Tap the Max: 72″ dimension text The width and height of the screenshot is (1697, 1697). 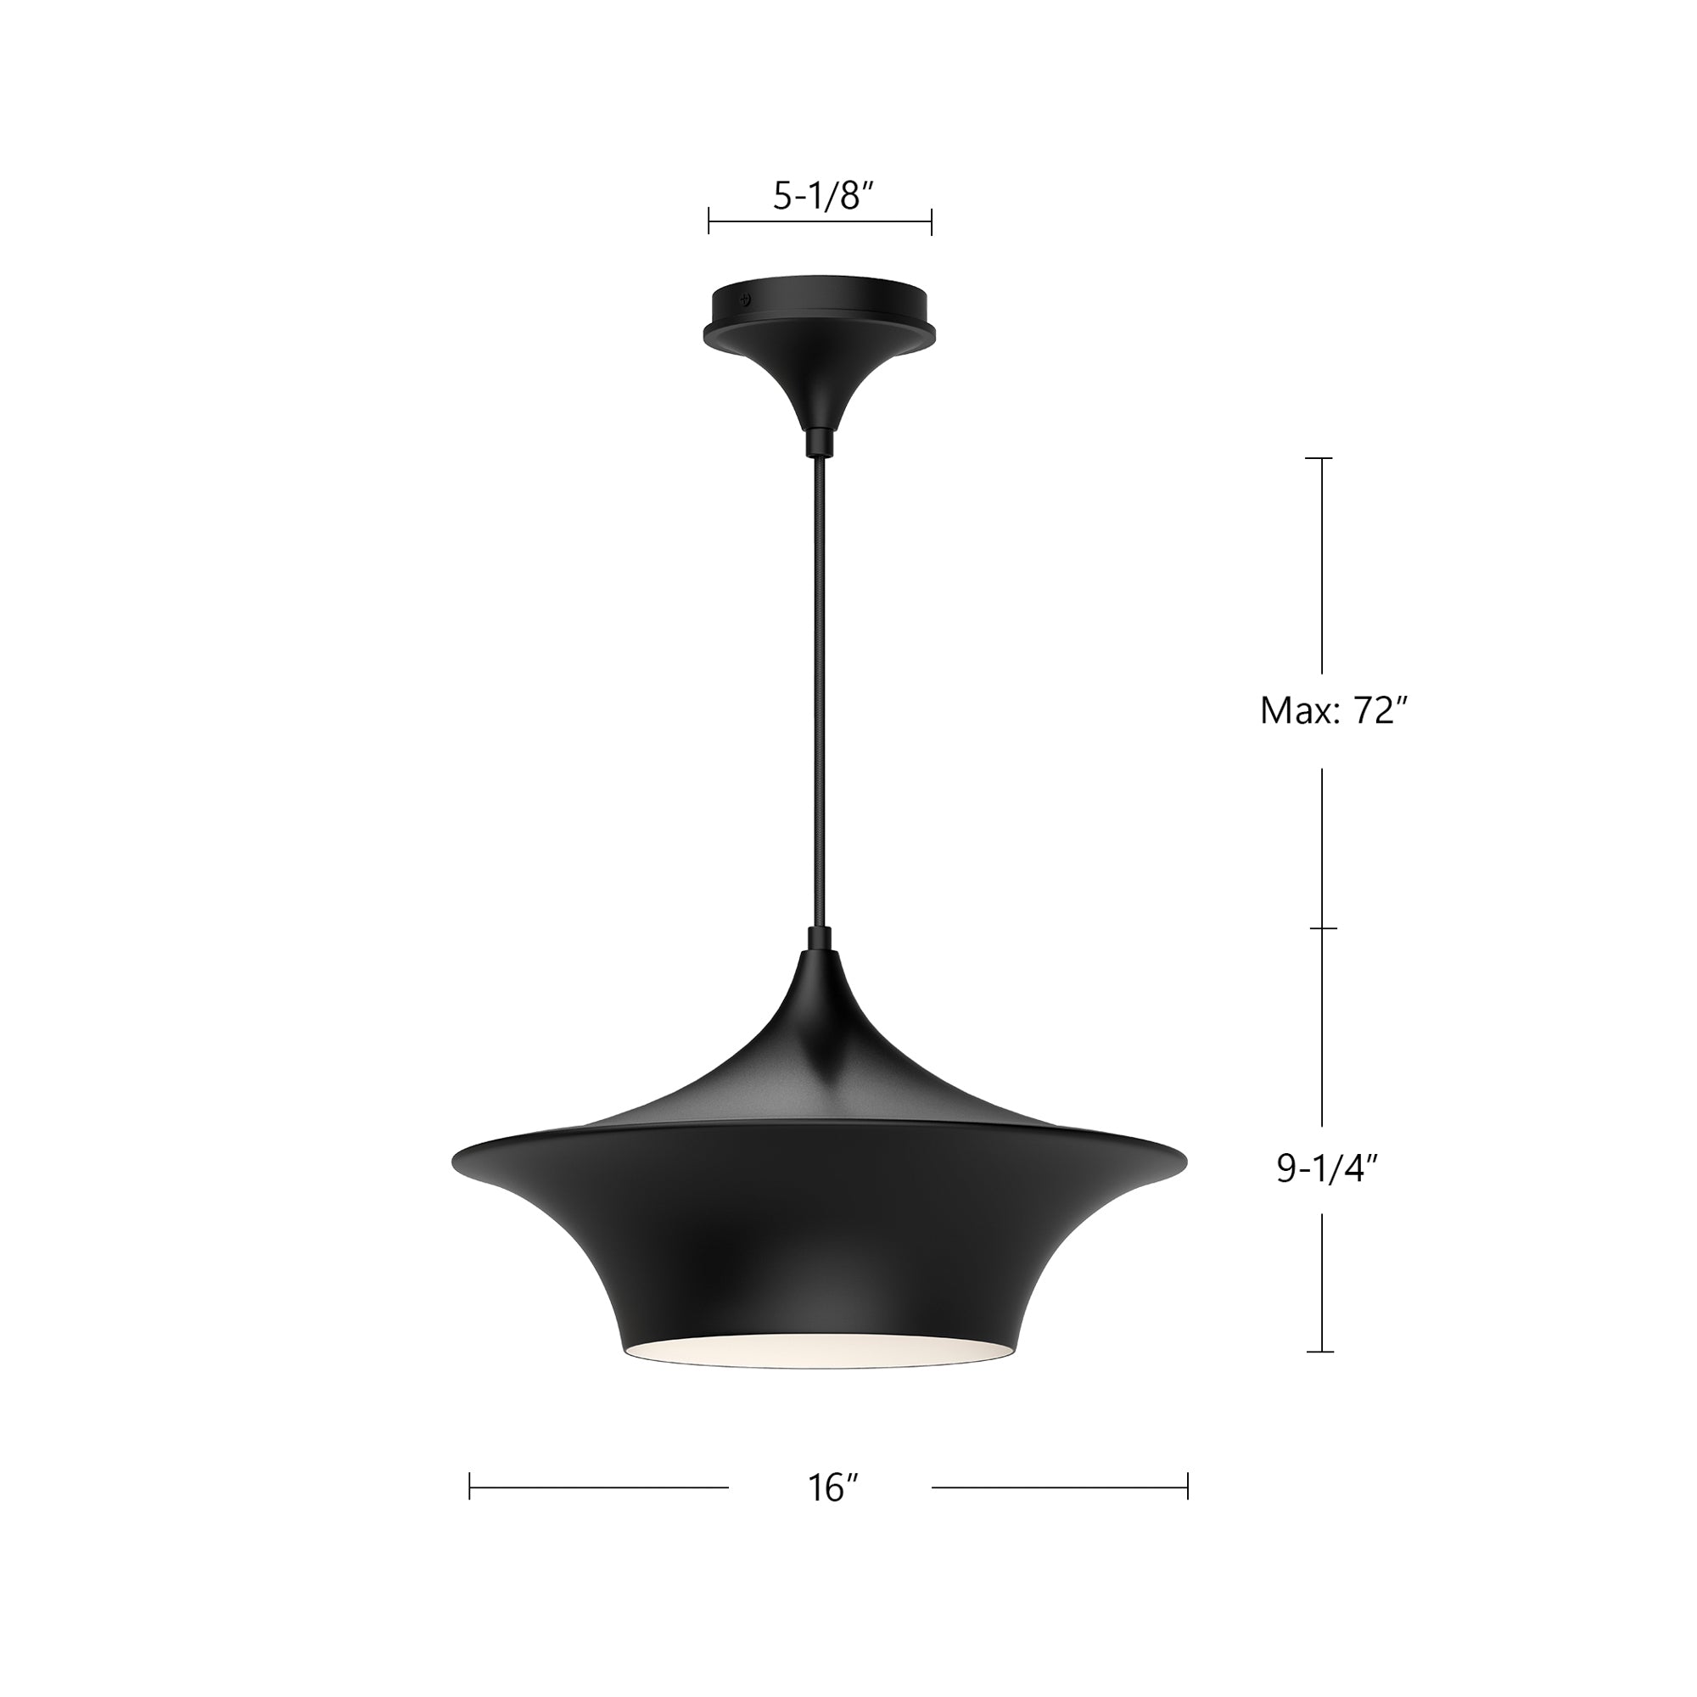[x=1334, y=710]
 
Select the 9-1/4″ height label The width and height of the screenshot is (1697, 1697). [x=1327, y=1169]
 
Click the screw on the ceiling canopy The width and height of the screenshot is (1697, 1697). [x=746, y=299]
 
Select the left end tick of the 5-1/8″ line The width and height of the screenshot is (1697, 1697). [x=708, y=221]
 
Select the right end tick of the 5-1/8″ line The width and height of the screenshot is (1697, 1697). [x=931, y=221]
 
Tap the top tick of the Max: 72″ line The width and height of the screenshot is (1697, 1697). [x=1320, y=458]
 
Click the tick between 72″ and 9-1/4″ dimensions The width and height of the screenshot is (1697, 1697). [x=1323, y=928]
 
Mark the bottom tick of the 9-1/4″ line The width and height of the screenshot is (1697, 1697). [x=1320, y=1351]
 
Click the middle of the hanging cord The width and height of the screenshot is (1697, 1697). [x=820, y=694]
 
